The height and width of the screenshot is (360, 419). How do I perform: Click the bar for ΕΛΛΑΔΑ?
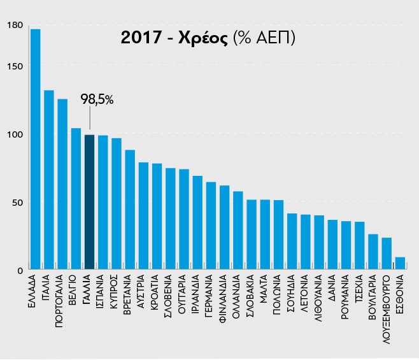point(35,150)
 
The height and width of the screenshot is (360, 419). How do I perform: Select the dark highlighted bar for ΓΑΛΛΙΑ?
point(89,203)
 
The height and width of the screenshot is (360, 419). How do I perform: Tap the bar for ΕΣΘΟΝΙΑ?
point(400,264)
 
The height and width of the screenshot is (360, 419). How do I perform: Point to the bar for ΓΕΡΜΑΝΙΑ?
point(211,226)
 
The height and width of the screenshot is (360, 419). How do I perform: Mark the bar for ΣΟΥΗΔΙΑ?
point(292,242)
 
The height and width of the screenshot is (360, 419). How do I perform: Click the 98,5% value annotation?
point(97,99)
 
